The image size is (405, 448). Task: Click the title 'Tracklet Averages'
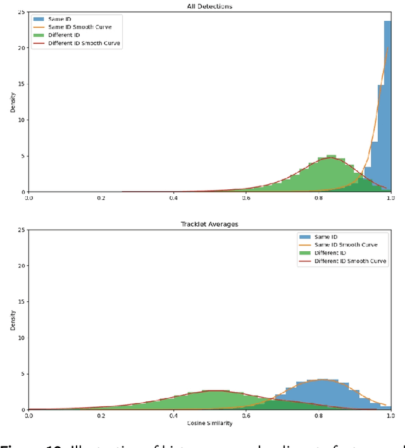[209, 224]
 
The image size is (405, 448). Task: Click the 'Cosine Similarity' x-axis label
[209, 423]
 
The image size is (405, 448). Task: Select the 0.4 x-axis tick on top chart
[173, 197]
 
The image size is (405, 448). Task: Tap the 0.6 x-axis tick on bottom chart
[246, 416]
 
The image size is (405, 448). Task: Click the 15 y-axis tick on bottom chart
[22, 302]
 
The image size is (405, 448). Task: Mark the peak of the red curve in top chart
[330, 158]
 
